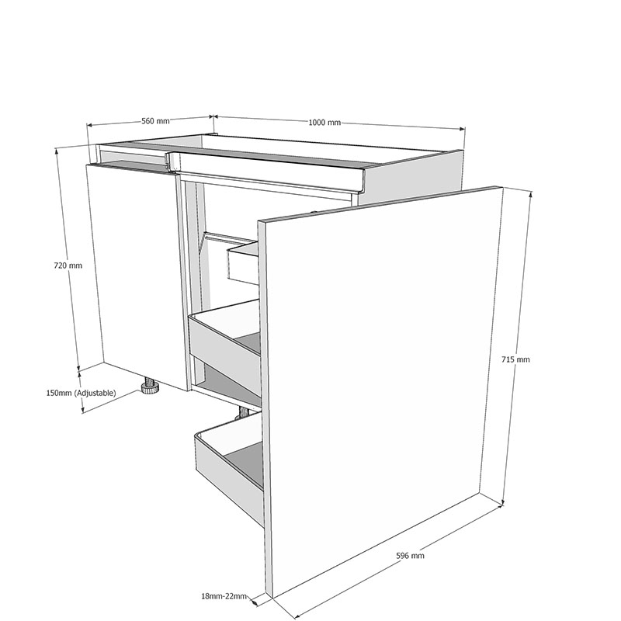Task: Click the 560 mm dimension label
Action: pyautogui.click(x=154, y=121)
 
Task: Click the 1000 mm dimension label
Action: pyautogui.click(x=324, y=123)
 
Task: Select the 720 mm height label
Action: pyautogui.click(x=67, y=265)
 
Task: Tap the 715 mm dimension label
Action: pyautogui.click(x=515, y=359)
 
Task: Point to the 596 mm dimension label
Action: pyautogui.click(x=410, y=556)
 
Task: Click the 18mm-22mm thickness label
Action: pyautogui.click(x=224, y=596)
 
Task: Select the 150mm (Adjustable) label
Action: pyautogui.click(x=81, y=394)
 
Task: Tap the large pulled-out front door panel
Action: pyautogui.click(x=380, y=388)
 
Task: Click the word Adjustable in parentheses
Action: pyautogui.click(x=93, y=394)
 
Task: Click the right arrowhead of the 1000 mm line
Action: pyautogui.click(x=463, y=129)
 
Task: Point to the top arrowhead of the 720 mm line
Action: pyautogui.click(x=57, y=151)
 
